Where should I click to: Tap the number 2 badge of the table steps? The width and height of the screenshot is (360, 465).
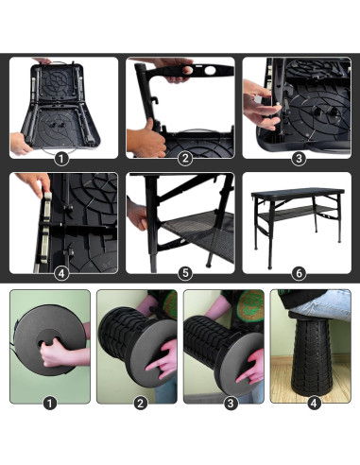pyautogui.click(x=185, y=159)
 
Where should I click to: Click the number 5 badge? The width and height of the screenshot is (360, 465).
pyautogui.click(x=185, y=274)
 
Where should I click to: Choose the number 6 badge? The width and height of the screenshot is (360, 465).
pyautogui.click(x=300, y=274)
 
